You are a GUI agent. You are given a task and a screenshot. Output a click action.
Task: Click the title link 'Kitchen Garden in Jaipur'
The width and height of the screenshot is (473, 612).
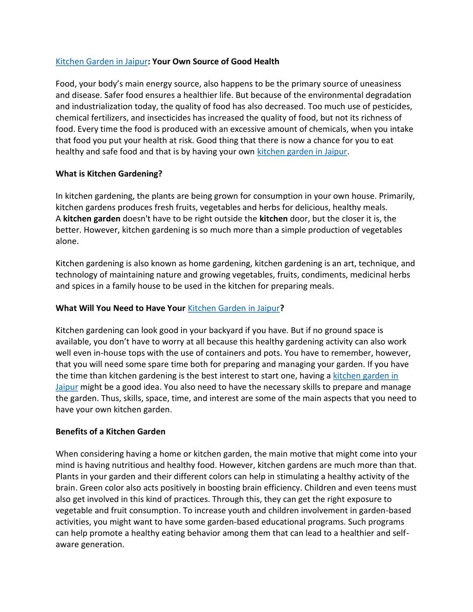(102, 61)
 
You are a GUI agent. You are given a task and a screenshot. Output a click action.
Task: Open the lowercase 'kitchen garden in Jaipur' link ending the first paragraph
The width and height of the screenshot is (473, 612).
(302, 151)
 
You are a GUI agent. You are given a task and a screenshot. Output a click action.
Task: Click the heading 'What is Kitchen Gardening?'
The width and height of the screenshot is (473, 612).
(109, 174)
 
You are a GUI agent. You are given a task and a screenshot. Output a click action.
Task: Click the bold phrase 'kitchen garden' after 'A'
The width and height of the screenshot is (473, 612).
(91, 218)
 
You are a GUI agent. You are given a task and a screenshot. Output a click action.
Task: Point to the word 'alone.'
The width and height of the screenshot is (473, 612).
(67, 241)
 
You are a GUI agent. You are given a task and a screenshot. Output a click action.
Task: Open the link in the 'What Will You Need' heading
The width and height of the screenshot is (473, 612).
(234, 308)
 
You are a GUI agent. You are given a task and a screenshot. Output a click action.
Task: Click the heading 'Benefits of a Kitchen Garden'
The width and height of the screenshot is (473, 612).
(110, 431)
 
